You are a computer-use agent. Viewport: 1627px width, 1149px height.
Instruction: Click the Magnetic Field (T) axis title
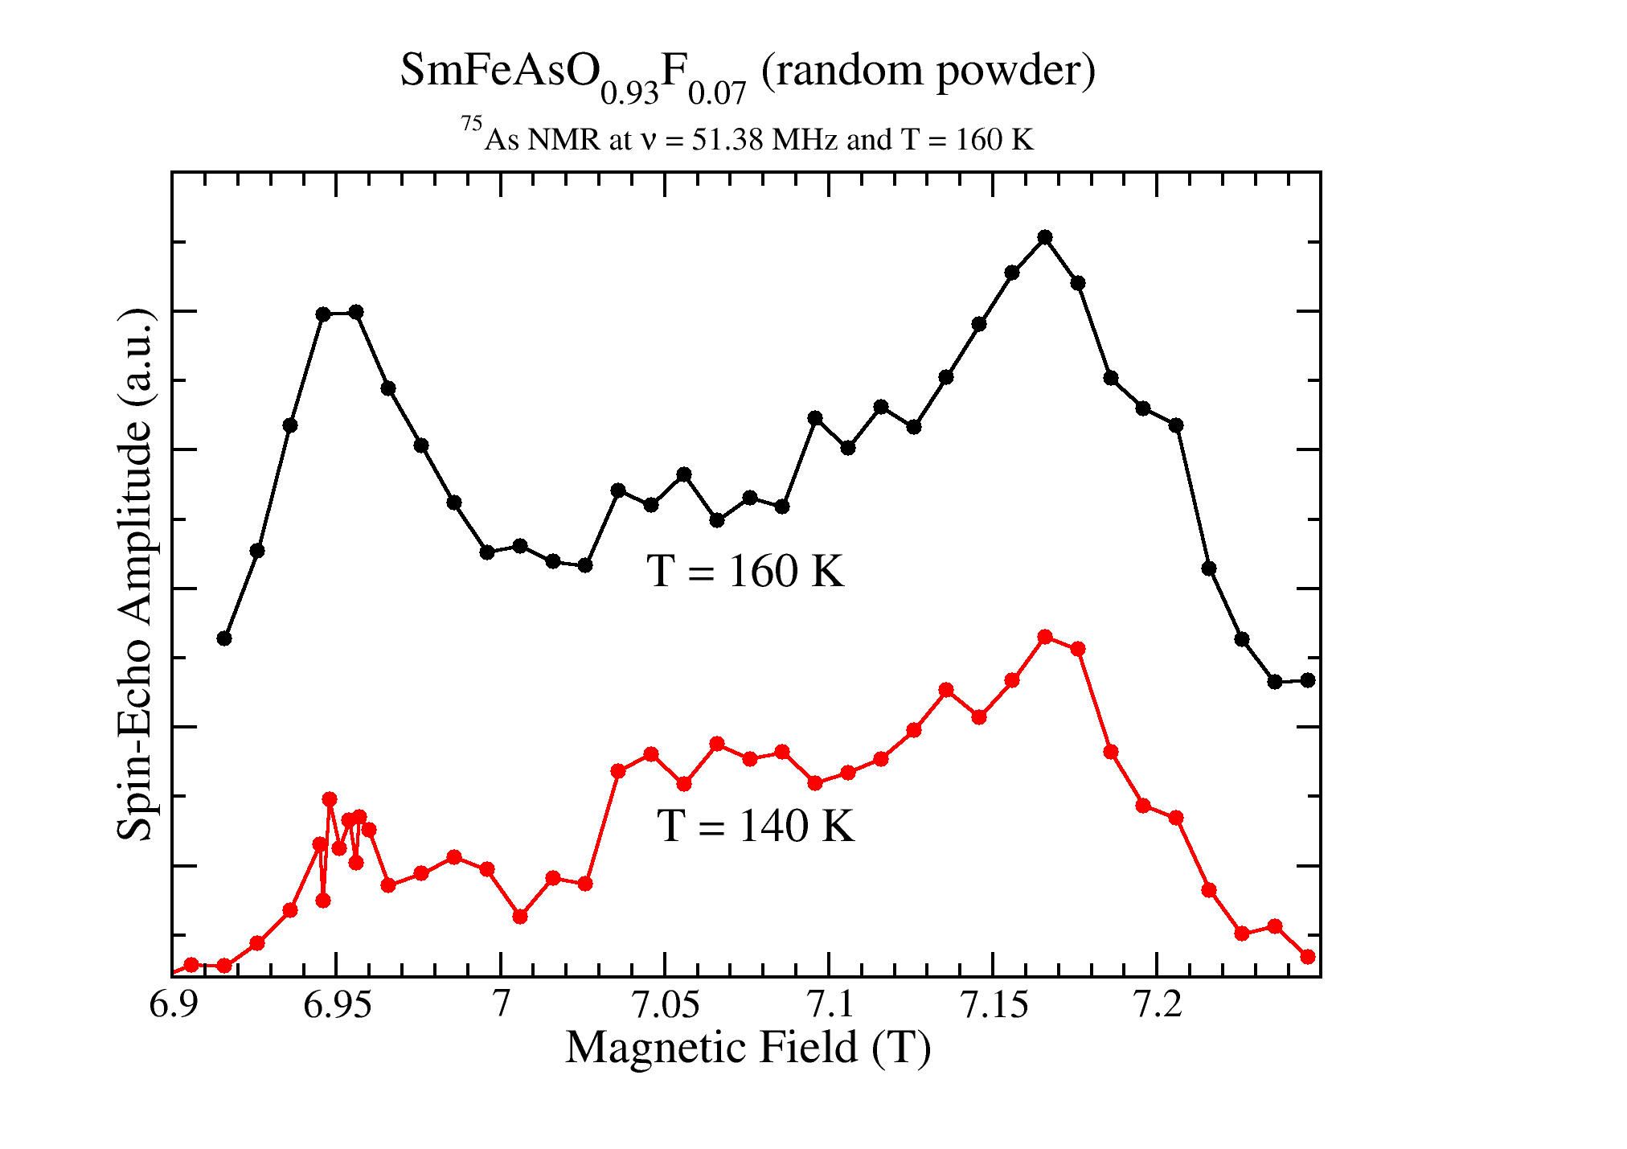click(748, 1048)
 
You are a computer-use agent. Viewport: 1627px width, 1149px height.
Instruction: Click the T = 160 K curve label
click(745, 572)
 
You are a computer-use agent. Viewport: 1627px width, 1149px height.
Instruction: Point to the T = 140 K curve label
click(756, 826)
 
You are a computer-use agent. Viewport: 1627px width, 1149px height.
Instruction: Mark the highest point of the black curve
click(1045, 237)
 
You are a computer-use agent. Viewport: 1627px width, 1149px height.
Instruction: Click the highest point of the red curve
click(1045, 637)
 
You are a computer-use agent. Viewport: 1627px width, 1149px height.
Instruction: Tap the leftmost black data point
click(224, 638)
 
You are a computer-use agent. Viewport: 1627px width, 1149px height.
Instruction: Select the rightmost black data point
click(1308, 680)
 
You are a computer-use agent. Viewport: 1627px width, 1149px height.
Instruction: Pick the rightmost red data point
click(1308, 957)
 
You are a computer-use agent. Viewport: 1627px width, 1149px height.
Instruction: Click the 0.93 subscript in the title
click(629, 95)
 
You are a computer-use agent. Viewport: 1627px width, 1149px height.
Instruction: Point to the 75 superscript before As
click(471, 125)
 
